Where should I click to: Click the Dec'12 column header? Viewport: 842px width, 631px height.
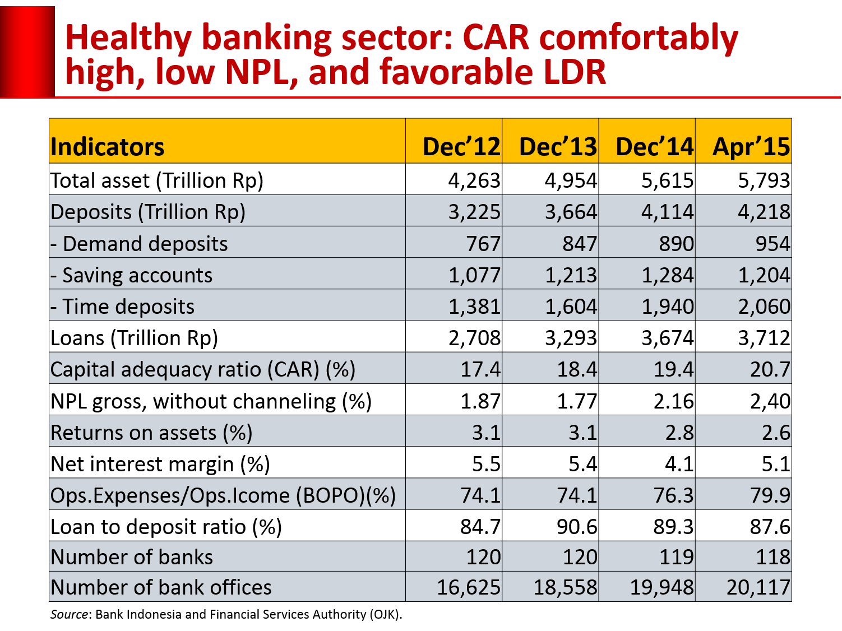[461, 147]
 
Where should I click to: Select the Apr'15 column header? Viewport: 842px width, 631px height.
[751, 147]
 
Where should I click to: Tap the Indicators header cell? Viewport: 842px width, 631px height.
[107, 147]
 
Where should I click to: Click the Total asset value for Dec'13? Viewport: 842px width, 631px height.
[571, 180]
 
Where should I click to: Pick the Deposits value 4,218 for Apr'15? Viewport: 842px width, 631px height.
[764, 212]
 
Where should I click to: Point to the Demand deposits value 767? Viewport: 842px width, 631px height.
[483, 244]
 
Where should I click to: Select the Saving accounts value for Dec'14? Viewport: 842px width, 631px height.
[667, 275]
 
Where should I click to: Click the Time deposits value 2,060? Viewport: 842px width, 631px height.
[764, 307]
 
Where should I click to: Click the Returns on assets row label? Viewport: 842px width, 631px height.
[151, 433]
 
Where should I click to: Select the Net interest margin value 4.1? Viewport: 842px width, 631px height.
[678, 464]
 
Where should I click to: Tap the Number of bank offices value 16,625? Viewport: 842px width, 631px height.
[468, 587]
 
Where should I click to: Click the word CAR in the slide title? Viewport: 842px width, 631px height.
[496, 38]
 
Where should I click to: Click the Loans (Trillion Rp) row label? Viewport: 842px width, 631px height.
[134, 338]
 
